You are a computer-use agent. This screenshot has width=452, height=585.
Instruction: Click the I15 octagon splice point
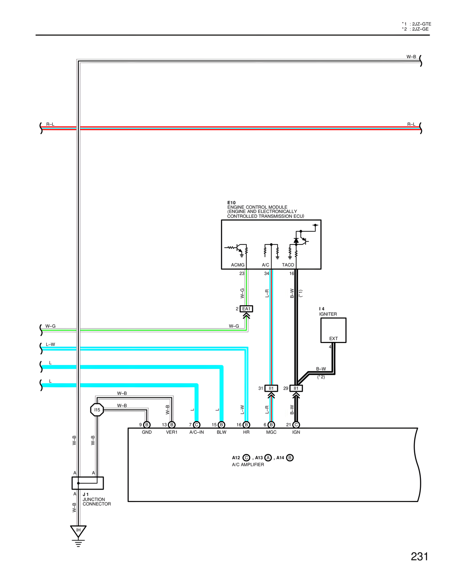(x=97, y=410)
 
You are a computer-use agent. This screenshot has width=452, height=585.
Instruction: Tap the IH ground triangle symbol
(x=78, y=531)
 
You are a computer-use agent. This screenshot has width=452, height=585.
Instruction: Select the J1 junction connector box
(x=88, y=483)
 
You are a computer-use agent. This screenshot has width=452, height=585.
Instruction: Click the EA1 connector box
(x=246, y=309)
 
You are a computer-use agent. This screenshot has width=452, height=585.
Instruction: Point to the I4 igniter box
(x=333, y=330)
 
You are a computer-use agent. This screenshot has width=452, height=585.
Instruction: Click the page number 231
(x=419, y=557)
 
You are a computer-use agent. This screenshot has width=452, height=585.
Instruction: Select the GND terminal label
(x=147, y=432)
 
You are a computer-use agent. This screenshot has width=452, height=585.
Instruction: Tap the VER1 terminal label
(x=172, y=432)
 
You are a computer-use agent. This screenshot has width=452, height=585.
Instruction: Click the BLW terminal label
(x=221, y=432)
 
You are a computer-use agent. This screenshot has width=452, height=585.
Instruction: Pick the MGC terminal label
(x=271, y=432)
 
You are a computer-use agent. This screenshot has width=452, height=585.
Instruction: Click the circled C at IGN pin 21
(x=296, y=425)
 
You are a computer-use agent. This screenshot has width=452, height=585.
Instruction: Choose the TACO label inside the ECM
(x=288, y=265)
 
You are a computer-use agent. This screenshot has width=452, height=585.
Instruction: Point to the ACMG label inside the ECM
(x=238, y=265)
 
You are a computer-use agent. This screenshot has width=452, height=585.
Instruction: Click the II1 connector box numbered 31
(x=271, y=388)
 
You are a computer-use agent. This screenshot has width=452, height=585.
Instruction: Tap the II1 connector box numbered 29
(x=296, y=388)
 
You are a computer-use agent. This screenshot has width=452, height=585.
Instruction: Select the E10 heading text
(x=231, y=203)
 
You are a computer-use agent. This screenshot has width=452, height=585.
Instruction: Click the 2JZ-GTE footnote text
(x=421, y=24)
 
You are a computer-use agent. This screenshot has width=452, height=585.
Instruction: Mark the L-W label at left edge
(x=50, y=344)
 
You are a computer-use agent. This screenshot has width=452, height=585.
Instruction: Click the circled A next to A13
(x=268, y=457)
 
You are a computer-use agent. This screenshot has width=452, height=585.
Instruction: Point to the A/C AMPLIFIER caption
(x=248, y=465)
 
